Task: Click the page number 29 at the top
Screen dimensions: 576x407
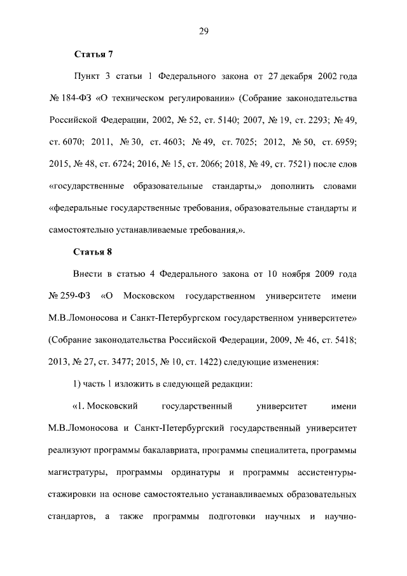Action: tap(203, 31)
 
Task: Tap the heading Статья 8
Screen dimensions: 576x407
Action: tap(93, 251)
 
